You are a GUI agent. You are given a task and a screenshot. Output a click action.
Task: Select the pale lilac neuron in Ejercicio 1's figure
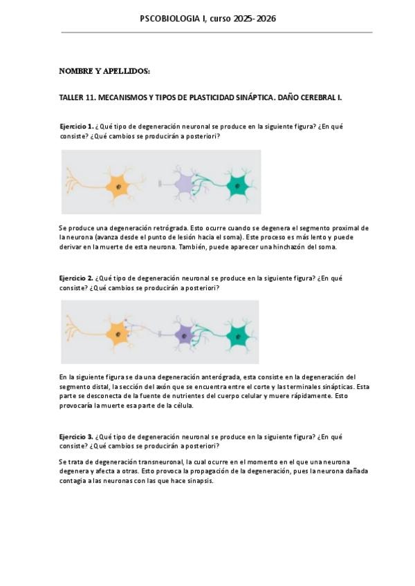pyautogui.click(x=184, y=184)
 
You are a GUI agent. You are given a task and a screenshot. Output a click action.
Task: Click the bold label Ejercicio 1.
pyautogui.click(x=76, y=126)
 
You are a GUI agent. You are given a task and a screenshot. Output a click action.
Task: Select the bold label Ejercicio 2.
pyautogui.click(x=76, y=278)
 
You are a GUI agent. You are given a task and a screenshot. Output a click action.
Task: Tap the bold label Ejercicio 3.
pyautogui.click(x=76, y=437)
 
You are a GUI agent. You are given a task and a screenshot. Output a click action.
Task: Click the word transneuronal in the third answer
pyautogui.click(x=157, y=461)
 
